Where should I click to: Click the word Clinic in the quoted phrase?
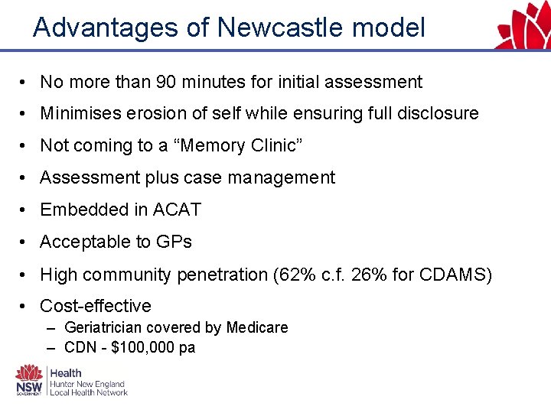click(275, 146)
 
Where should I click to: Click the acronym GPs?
click(173, 242)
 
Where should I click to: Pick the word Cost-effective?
click(96, 307)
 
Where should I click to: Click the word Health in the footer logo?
click(66, 372)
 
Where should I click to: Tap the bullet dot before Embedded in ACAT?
click(25, 210)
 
